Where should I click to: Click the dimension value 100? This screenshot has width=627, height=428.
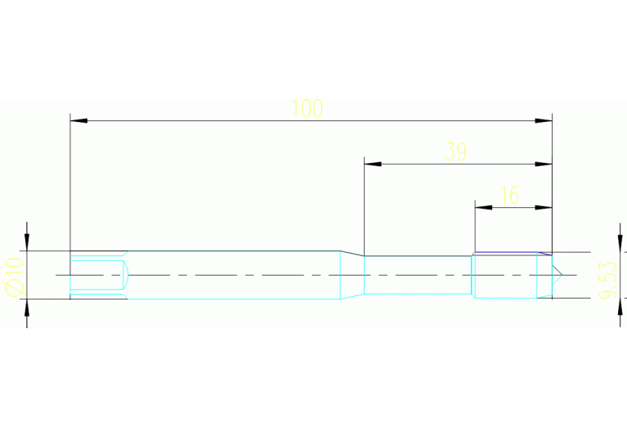307,108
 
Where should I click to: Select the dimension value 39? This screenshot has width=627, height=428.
455,151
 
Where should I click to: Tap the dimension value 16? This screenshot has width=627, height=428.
510,195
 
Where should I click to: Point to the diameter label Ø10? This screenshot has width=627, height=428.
13,277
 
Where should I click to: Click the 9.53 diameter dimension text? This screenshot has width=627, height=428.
607,280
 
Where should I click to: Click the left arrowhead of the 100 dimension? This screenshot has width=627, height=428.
78,120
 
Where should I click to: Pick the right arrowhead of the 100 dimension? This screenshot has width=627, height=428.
544,120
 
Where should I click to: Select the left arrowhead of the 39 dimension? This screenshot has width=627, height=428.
373,164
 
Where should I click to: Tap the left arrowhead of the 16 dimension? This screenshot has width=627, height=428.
483,207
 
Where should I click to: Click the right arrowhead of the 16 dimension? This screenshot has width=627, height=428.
544,207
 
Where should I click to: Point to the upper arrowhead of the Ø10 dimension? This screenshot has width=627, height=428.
27,242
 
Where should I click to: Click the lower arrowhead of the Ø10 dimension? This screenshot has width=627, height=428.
27,308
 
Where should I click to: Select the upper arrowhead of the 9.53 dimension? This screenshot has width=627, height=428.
620,243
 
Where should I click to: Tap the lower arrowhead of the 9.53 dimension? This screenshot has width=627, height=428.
620,307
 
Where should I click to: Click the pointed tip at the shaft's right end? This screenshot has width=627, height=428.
562,275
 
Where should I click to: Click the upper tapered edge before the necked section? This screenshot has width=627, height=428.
352,254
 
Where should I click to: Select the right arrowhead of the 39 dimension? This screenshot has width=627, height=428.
544,164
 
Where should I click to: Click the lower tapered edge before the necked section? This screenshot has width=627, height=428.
352,296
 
